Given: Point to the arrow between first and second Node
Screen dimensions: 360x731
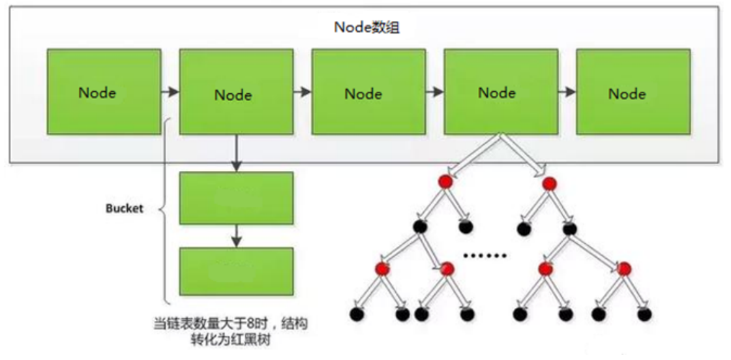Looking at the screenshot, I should point(170,92).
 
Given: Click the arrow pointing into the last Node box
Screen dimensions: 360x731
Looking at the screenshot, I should point(567,92).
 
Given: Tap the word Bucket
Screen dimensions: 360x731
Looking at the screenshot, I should point(124,209).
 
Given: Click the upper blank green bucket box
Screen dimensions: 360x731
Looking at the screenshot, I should point(236,198).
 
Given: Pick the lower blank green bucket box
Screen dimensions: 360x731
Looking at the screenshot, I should point(236,272).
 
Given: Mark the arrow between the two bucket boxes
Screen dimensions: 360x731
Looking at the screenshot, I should point(236,235).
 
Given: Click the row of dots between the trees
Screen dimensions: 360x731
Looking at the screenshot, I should point(485,255).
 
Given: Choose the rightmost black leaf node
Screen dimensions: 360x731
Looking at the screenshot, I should point(645,314).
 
